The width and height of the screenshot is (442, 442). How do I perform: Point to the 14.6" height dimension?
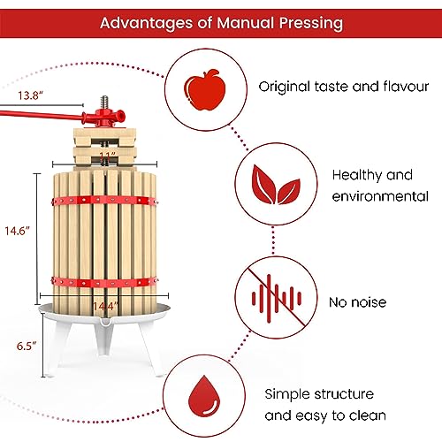click(17, 230)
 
